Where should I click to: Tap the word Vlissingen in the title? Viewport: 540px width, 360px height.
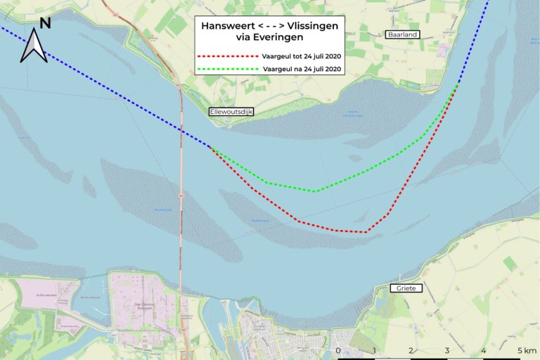point(309,26)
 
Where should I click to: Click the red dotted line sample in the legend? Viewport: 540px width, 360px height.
point(227,56)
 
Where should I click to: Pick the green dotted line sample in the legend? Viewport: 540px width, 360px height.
point(227,69)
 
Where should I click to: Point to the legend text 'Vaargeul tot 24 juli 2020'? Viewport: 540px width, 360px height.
point(302,56)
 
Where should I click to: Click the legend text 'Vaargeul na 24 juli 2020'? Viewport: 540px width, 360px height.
point(302,69)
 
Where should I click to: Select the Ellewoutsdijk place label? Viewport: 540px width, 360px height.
point(231,112)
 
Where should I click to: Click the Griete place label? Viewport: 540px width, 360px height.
point(405,288)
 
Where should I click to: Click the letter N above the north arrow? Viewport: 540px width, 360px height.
point(45,23)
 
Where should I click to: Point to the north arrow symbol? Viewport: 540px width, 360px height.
point(33,48)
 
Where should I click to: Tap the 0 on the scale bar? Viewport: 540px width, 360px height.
point(338,349)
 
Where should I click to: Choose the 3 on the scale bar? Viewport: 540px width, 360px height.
point(447,349)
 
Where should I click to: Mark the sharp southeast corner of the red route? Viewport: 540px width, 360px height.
point(366,232)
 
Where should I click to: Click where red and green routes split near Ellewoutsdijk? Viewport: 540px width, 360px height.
point(210,146)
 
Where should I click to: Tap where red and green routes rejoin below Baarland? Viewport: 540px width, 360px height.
point(457,86)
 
